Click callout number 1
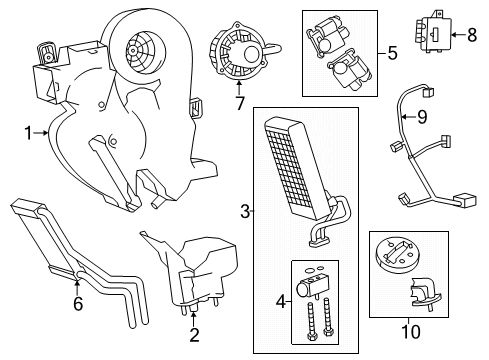[x=28, y=131]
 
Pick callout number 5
[x=393, y=51]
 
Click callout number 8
[x=472, y=34]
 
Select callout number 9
[x=421, y=117]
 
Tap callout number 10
[x=406, y=326]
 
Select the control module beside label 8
[x=435, y=36]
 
